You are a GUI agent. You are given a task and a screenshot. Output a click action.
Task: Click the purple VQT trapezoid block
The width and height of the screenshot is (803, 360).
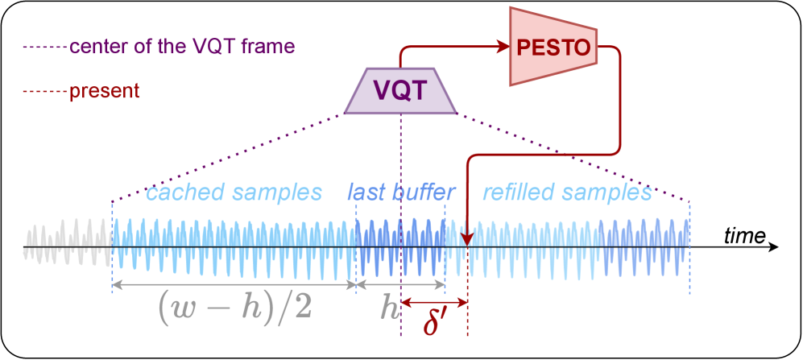pyautogui.click(x=400, y=89)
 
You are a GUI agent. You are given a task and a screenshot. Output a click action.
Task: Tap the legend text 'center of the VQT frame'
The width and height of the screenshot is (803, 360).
pyautogui.click(x=182, y=45)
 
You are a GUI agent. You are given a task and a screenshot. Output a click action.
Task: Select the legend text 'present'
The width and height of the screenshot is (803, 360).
pyautogui.click(x=105, y=90)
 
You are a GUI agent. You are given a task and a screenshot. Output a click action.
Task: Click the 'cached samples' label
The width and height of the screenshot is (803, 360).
pyautogui.click(x=234, y=192)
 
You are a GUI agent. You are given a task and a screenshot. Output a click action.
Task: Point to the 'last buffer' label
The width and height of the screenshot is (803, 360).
pyautogui.click(x=400, y=192)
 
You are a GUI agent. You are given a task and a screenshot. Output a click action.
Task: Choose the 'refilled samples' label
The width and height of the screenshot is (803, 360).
pyautogui.click(x=566, y=192)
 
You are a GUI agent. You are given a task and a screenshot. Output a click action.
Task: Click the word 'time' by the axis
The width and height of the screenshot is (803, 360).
pyautogui.click(x=743, y=235)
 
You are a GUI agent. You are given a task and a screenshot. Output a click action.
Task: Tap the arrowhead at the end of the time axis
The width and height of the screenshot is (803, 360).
pyautogui.click(x=774, y=246)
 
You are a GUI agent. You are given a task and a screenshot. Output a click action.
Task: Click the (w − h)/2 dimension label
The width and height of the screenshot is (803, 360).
pyautogui.click(x=234, y=306)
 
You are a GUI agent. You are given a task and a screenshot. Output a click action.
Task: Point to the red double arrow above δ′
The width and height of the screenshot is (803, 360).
pyautogui.click(x=434, y=303)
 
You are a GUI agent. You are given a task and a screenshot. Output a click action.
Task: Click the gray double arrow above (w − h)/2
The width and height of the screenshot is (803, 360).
pyautogui.click(x=234, y=284)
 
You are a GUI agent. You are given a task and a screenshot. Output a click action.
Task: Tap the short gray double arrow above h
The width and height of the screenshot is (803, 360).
pyautogui.click(x=400, y=284)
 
